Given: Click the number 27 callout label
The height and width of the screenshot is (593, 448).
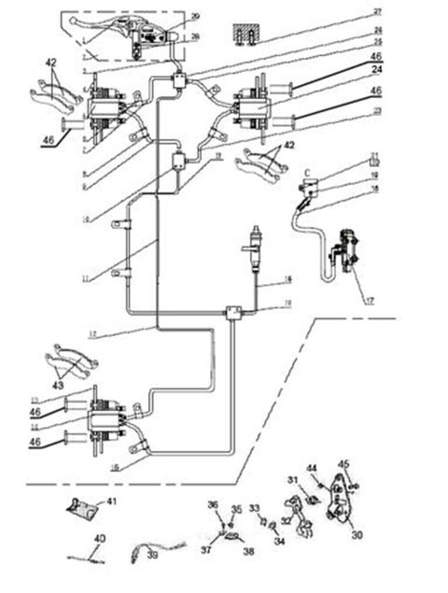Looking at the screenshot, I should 378,11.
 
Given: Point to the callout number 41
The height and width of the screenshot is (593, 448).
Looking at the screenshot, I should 112,502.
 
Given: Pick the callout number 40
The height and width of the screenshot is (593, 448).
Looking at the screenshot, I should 100,539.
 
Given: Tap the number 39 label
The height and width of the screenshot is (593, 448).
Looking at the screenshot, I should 152,555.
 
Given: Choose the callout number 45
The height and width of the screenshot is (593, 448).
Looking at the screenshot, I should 343,463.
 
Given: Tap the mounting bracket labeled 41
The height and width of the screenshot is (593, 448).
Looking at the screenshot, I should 81,511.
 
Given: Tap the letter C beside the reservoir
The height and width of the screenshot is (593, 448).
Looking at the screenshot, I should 306,172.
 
